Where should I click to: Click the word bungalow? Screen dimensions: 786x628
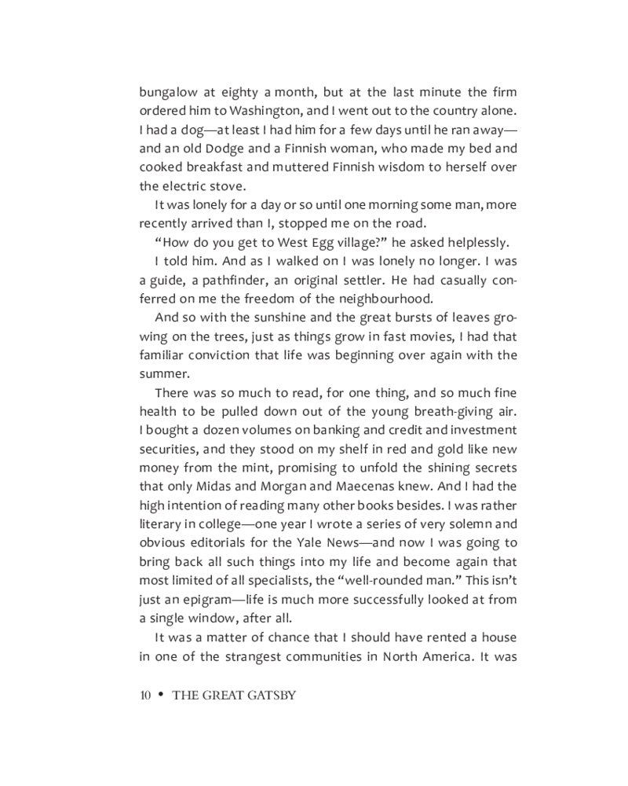click(168, 92)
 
